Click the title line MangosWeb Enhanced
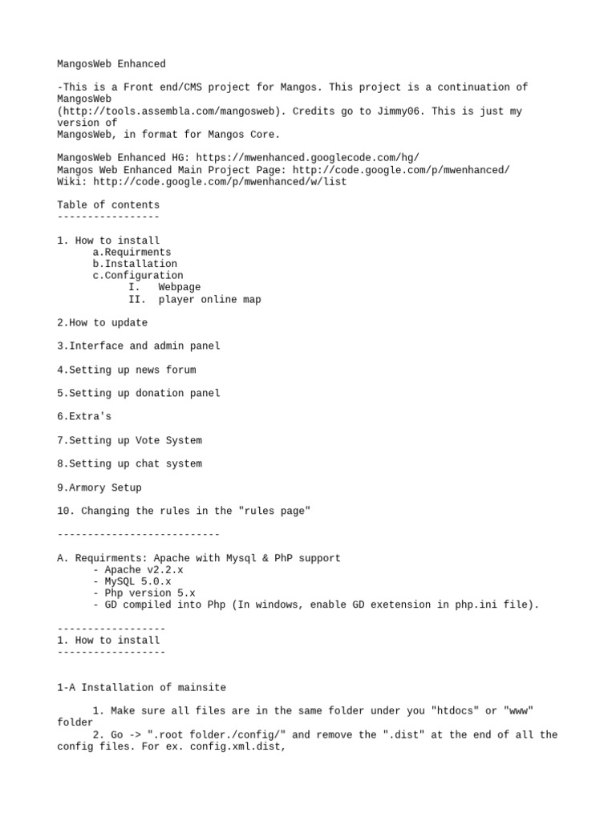coord(111,63)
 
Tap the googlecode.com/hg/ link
coord(307,158)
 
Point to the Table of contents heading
coord(108,204)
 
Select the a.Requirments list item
coord(132,252)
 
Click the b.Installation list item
coord(135,264)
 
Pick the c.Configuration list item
coord(138,275)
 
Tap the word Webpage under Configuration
coord(179,287)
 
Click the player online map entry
coord(209,299)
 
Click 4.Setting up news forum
coord(126,370)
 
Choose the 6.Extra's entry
coord(84,417)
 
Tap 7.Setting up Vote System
coord(129,440)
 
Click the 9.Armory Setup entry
coord(99,487)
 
